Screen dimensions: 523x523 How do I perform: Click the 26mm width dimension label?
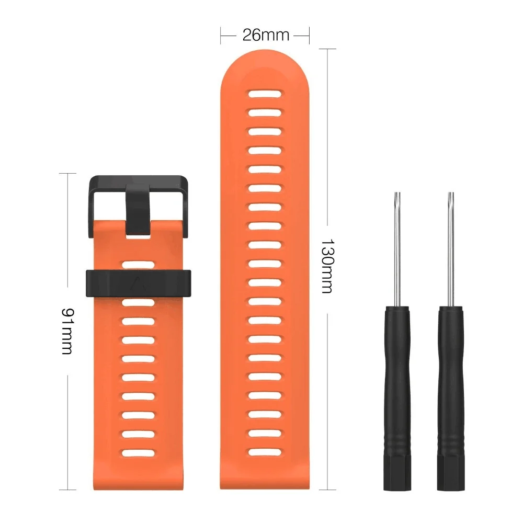pos(266,35)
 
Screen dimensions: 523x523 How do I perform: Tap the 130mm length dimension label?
pos(327,266)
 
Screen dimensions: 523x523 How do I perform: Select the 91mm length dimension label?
pos(67,331)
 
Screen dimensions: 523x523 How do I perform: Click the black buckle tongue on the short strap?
pos(138,209)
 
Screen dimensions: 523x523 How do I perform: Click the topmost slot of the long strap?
pos(265,94)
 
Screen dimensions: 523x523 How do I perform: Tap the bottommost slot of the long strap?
pos(265,452)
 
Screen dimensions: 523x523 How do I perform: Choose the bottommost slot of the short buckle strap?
pos(138,453)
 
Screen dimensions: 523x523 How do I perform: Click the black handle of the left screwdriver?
pos(397,398)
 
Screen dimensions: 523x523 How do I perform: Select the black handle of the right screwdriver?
pos(451,398)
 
